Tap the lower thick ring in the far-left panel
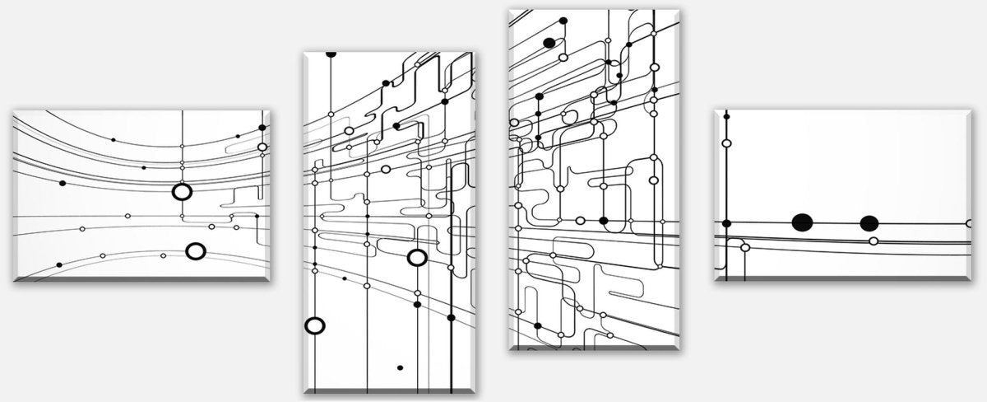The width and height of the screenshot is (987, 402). click(x=195, y=250)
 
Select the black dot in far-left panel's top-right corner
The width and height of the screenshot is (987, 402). click(x=263, y=128)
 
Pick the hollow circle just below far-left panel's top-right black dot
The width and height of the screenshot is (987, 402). click(x=262, y=147)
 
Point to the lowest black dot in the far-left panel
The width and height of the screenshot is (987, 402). click(x=59, y=264)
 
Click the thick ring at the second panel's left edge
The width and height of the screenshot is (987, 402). click(x=314, y=325)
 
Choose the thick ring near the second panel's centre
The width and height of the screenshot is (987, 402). click(x=417, y=258)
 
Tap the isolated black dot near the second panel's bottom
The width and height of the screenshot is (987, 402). click(x=400, y=367)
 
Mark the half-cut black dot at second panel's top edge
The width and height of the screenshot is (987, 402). click(x=331, y=54)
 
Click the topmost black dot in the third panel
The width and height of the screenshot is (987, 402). click(x=563, y=20)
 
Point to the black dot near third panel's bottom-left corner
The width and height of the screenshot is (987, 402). click(x=538, y=326)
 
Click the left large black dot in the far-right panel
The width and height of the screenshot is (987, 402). click(x=802, y=222)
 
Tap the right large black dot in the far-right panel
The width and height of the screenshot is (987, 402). click(x=869, y=223)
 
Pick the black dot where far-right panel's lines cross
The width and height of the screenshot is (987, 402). click(x=726, y=223)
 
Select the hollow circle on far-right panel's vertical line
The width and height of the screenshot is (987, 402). click(x=726, y=143)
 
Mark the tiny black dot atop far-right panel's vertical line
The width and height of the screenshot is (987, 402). click(x=726, y=116)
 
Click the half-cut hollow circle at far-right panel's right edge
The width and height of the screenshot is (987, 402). click(x=969, y=223)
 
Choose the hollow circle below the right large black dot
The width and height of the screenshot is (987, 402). click(x=873, y=241)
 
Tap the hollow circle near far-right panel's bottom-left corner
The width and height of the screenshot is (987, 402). click(x=745, y=247)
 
